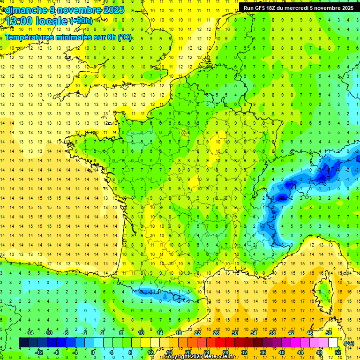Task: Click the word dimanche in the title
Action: click(x=23, y=10)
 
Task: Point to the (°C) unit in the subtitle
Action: click(x=125, y=37)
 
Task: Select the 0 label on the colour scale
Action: click(x=93, y=352)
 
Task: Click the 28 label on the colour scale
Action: click(x=225, y=352)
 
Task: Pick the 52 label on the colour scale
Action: click(x=338, y=352)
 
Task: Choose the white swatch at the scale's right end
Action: click(x=333, y=342)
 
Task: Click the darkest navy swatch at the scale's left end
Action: click(x=23, y=342)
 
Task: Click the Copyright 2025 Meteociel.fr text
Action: click(x=199, y=357)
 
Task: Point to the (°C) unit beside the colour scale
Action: click(x=349, y=343)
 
